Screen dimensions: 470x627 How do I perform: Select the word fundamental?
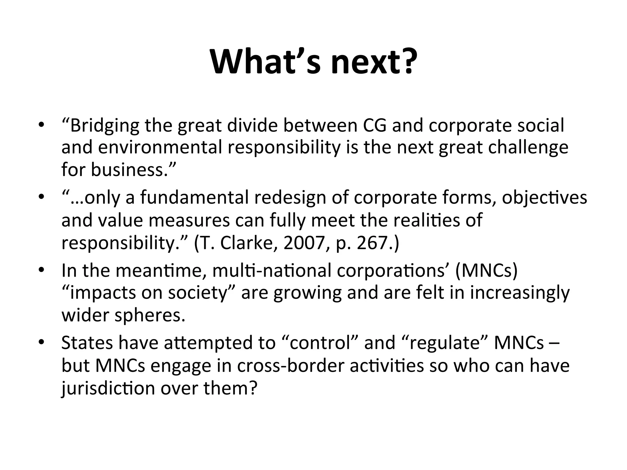coord(194,198)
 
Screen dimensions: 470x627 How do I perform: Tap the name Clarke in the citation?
coord(246,243)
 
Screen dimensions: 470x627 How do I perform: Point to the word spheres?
coord(150,315)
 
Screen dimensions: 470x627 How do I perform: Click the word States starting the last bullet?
coord(87,343)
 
